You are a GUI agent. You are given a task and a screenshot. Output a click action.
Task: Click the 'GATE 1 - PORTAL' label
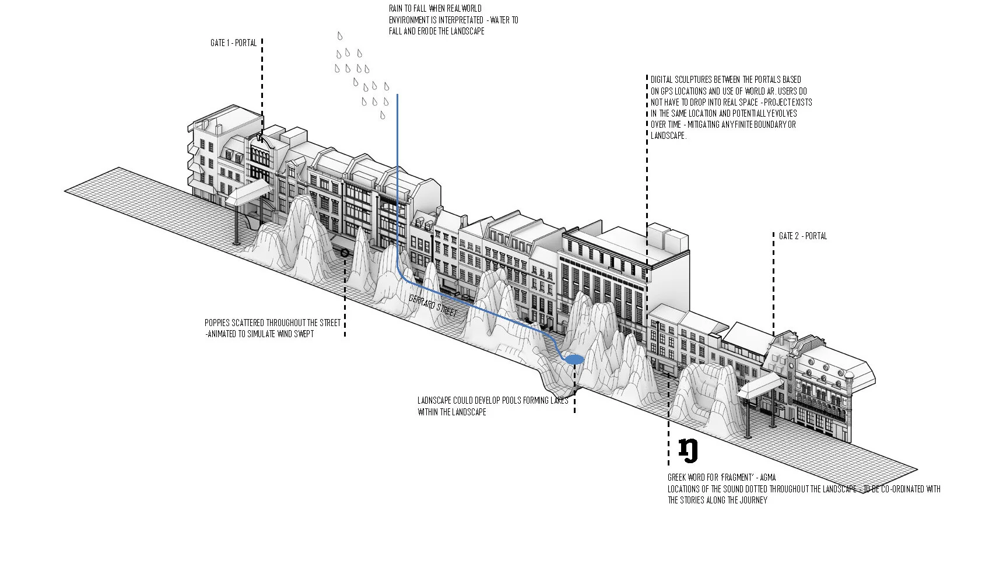(233, 43)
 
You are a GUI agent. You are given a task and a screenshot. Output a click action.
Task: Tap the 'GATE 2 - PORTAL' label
(803, 236)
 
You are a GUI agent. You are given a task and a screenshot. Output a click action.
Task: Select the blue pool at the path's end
(574, 360)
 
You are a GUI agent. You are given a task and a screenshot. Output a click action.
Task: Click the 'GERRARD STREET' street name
(433, 306)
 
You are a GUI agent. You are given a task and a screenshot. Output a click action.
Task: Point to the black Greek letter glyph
(688, 450)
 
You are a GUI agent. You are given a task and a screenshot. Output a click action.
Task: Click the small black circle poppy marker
(345, 253)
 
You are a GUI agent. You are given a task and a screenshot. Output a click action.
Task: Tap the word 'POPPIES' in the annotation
(216, 323)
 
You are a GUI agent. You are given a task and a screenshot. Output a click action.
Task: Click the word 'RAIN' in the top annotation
(395, 9)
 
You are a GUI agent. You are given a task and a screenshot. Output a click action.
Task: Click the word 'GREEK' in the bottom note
(679, 478)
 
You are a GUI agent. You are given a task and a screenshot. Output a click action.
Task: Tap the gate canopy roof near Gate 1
(248, 192)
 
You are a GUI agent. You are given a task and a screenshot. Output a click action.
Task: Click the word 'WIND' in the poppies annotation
(288, 334)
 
